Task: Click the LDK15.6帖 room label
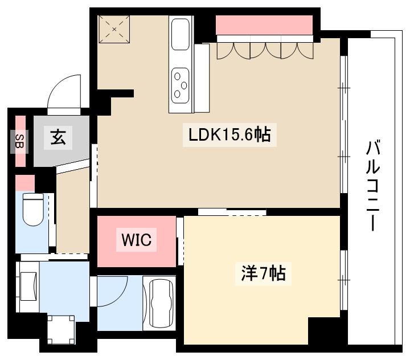coord(229,136)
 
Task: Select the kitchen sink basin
coord(181,35)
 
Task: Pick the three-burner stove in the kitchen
coord(181,85)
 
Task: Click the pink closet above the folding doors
coord(264,26)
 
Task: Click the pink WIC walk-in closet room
coord(137,251)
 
